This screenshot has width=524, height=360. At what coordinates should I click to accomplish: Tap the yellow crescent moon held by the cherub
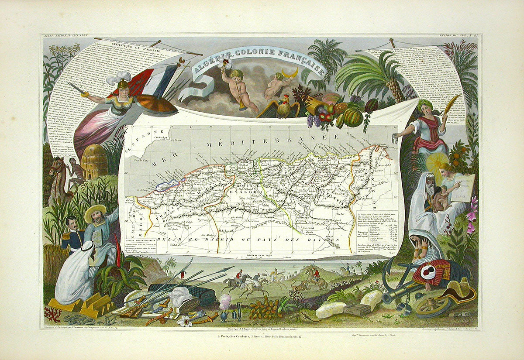pos(289,72)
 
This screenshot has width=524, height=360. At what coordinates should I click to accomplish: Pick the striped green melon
pos(353,117)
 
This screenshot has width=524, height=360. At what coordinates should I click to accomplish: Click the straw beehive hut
pos(95,161)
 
